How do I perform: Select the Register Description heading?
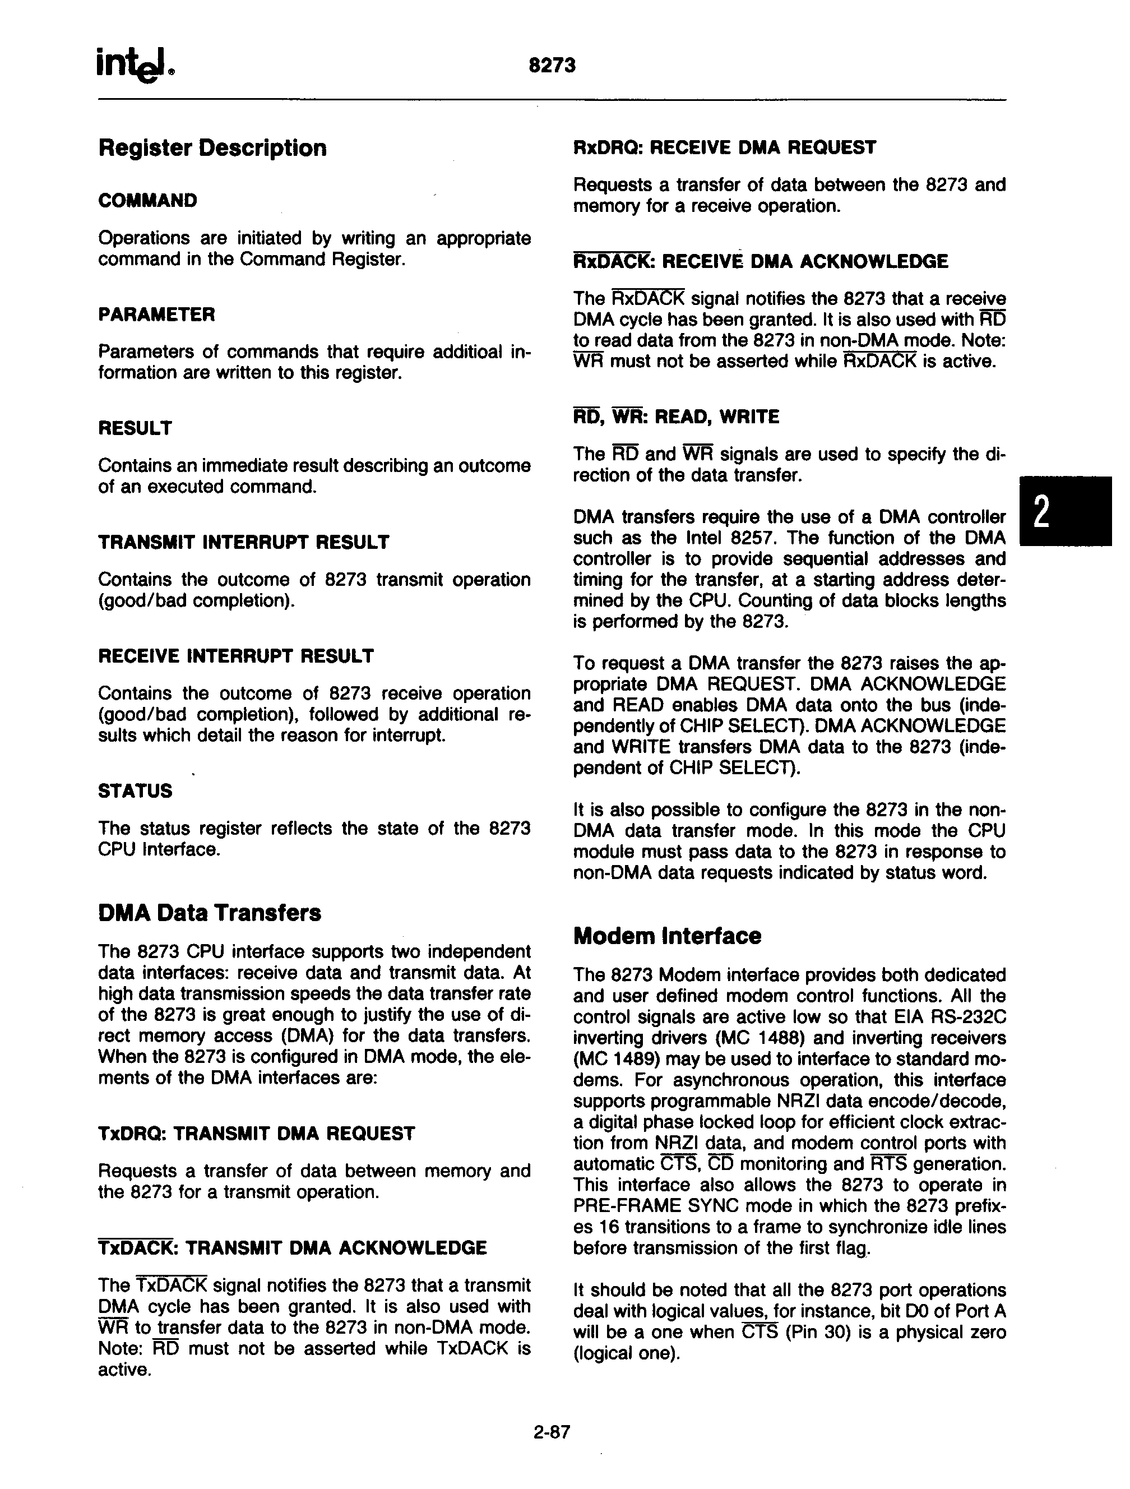click(212, 148)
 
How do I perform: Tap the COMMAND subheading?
click(147, 201)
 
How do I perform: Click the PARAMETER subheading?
click(156, 315)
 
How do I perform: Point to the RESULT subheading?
click(135, 428)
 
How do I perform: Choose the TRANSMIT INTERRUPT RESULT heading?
click(243, 542)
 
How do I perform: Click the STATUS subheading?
click(135, 791)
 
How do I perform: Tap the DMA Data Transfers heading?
click(209, 913)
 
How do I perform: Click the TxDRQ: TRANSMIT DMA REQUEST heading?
click(256, 1134)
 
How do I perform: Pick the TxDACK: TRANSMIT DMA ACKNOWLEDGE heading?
click(291, 1248)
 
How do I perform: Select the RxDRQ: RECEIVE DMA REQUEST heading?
click(724, 147)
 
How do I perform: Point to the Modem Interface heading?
click(666, 936)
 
